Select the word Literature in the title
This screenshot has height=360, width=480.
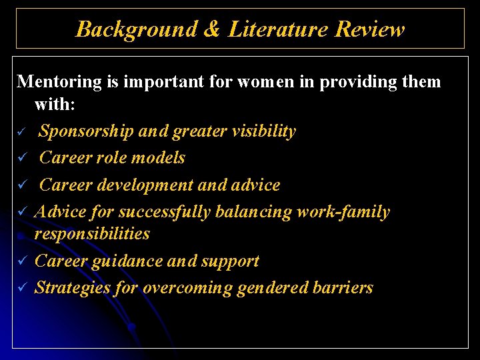(279, 29)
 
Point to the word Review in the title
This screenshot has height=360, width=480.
(370, 29)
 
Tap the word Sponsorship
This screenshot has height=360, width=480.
(87, 131)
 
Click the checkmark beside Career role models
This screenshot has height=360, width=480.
(21, 159)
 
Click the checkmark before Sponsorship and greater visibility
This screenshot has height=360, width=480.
(21, 132)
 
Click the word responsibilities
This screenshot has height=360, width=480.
(92, 233)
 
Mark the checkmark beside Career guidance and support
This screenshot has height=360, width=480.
(21, 261)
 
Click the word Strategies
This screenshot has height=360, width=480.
(73, 288)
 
